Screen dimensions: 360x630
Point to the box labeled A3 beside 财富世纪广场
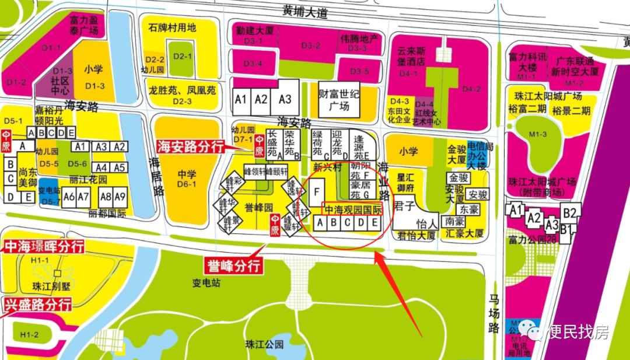tap(285, 99)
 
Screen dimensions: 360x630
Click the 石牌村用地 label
tap(172, 27)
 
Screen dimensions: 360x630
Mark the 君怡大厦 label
tap(416, 236)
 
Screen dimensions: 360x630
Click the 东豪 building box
tap(468, 209)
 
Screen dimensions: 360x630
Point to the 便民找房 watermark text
tap(579, 333)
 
